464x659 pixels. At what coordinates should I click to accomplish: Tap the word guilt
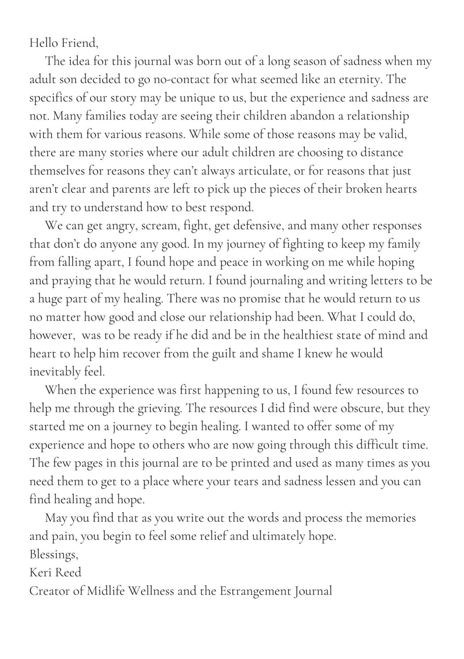(225, 354)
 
